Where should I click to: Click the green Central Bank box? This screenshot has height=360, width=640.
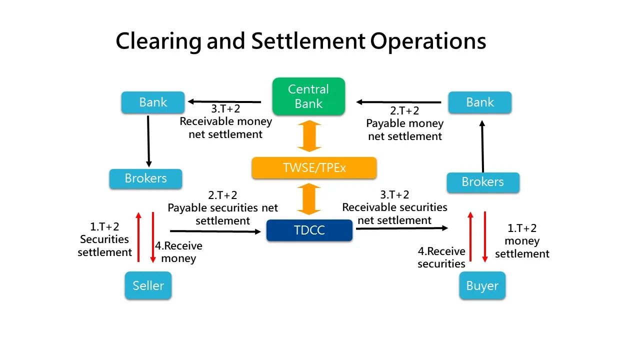pyautogui.click(x=308, y=96)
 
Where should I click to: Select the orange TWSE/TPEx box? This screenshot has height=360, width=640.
pyautogui.click(x=314, y=168)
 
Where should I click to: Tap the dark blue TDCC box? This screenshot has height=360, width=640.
pyautogui.click(x=309, y=230)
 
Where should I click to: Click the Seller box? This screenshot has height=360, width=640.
pyautogui.click(x=148, y=285)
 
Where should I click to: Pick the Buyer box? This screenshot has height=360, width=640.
pyautogui.click(x=482, y=286)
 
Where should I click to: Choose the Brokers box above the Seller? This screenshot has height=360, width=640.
pyautogui.click(x=145, y=178)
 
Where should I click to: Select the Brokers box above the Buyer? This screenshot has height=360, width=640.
pyautogui.click(x=482, y=182)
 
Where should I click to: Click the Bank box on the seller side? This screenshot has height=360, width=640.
pyautogui.click(x=153, y=102)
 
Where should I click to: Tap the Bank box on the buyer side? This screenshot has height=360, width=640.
pyautogui.click(x=479, y=102)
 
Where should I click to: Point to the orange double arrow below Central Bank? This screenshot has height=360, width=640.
pyautogui.click(x=309, y=135)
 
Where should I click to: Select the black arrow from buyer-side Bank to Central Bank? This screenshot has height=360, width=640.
pyautogui.click(x=398, y=102)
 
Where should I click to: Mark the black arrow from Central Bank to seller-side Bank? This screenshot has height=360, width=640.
pyautogui.click(x=224, y=102)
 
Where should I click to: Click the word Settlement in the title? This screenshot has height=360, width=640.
pyautogui.click(x=308, y=41)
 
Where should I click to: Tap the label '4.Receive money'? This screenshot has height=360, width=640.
pyautogui.click(x=178, y=252)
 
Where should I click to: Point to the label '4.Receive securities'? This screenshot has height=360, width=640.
pyautogui.click(x=441, y=257)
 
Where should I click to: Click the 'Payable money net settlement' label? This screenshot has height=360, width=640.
pyautogui.click(x=405, y=129)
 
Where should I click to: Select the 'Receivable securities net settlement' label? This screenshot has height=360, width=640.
pyautogui.click(x=394, y=213)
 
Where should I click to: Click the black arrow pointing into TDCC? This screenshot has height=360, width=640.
pyautogui.click(x=215, y=231)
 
